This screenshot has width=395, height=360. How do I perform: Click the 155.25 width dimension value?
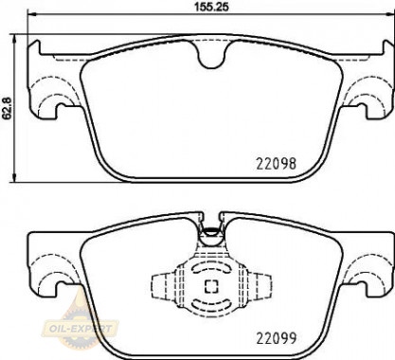point(211,7)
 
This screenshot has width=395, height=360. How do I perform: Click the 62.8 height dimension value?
point(7,108)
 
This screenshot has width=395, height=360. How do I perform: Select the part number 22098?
point(277,164)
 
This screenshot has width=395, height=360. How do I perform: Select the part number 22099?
point(277,338)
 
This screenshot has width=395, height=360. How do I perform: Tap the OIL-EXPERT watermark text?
point(81,329)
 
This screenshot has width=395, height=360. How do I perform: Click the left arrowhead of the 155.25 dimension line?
point(32,14)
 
